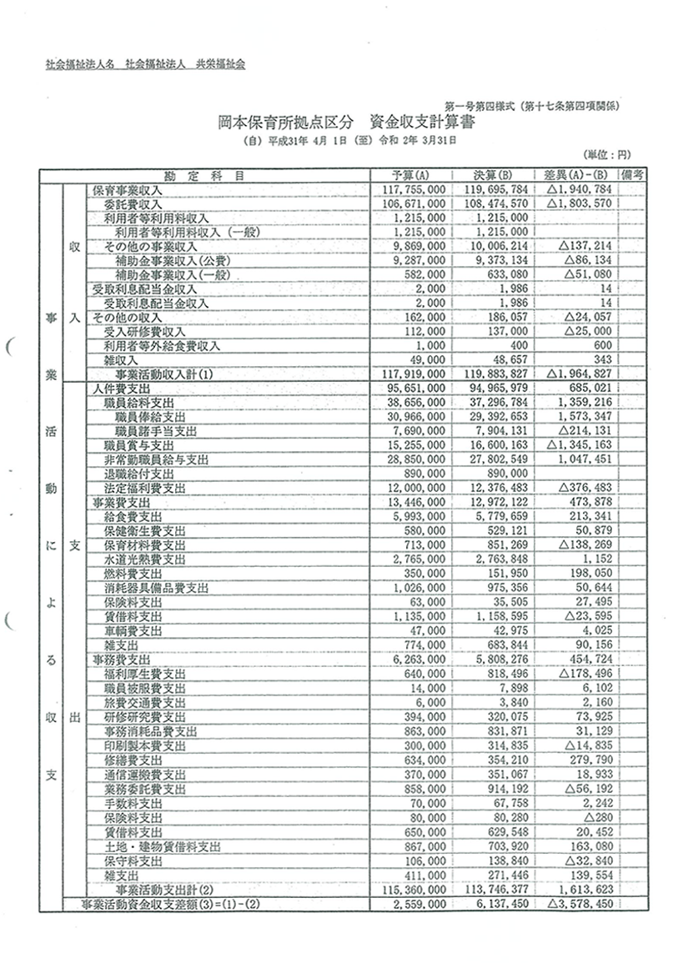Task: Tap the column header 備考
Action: pos(634,175)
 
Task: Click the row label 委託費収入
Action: pos(133,203)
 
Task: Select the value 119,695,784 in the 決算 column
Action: pos(493,190)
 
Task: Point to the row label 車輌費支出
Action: pos(133,630)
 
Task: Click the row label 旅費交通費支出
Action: pos(144,702)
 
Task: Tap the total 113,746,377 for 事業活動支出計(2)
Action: pos(493,890)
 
